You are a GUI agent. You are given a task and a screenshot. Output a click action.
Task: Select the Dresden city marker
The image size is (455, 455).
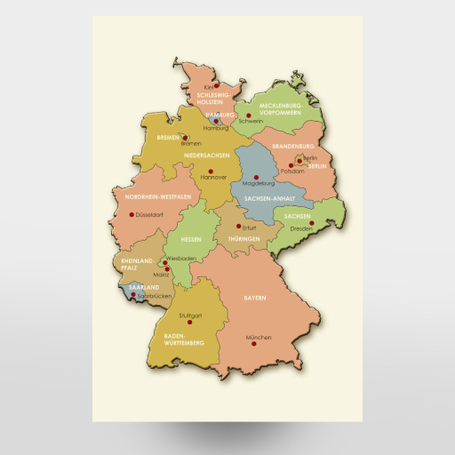[x=311, y=223]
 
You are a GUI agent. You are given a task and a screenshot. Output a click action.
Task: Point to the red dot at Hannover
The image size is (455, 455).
[x=211, y=171]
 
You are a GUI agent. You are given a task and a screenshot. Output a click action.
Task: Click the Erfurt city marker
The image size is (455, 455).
[x=237, y=226]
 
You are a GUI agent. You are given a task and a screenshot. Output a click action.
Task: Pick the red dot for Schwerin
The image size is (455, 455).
[x=250, y=115]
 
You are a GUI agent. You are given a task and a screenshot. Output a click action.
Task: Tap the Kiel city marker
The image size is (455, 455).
[x=216, y=85]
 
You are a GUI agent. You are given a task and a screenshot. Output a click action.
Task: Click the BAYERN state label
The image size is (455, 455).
[x=255, y=298]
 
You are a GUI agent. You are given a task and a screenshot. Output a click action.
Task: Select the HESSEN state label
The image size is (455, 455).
[x=191, y=240]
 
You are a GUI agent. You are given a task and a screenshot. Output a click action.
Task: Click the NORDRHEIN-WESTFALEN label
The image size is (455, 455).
[x=159, y=196]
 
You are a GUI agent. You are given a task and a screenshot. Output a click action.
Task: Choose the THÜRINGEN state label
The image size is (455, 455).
[x=243, y=240]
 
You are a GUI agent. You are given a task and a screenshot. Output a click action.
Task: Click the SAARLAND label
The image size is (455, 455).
[x=143, y=288]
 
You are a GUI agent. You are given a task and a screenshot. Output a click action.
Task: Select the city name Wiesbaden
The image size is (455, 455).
[x=181, y=259]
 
